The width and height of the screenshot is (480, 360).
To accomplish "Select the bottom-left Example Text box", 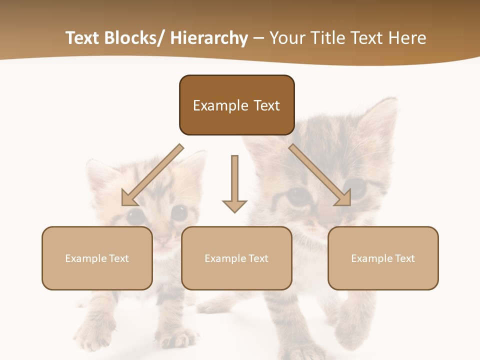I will coord(97,258).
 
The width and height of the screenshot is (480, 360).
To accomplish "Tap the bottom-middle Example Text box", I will coord(236,258).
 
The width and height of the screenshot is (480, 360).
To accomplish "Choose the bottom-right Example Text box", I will coord(383,258).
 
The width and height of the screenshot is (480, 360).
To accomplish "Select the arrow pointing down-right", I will coord(320,175).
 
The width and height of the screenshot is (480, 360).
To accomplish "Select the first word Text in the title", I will coord(82,38).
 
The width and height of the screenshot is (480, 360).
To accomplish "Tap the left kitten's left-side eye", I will coord(135,216).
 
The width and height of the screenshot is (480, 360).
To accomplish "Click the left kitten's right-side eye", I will coord(178,213).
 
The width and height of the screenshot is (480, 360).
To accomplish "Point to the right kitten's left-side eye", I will coord(298,196).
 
